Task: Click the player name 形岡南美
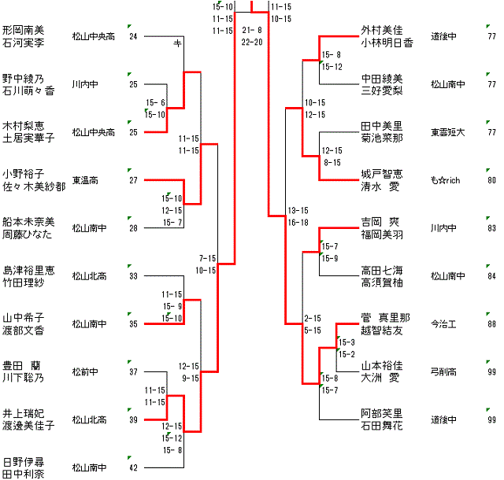click(23, 29)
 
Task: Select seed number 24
click(133, 36)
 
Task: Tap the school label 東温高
click(83, 180)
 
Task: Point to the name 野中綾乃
click(23, 78)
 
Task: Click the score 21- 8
click(252, 30)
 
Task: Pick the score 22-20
click(252, 42)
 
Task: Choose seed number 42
click(133, 468)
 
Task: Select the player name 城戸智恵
click(382, 174)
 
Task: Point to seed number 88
click(491, 324)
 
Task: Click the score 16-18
click(298, 223)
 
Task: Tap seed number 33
click(133, 276)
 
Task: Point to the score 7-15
click(207, 258)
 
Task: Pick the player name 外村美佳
click(382, 30)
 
